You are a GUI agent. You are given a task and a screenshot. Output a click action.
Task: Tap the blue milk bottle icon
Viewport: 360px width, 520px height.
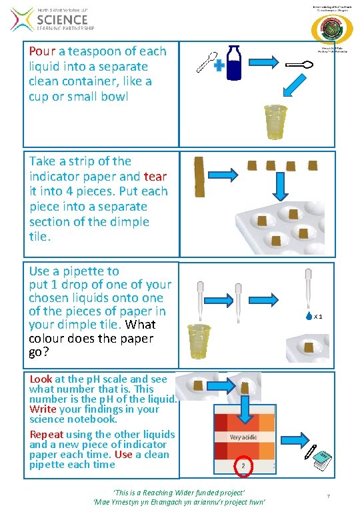[x=233, y=62]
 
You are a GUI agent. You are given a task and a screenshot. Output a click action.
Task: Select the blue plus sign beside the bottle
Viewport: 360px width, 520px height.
[x=218, y=65]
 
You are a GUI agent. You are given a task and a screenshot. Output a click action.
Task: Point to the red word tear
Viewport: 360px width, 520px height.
[x=155, y=177]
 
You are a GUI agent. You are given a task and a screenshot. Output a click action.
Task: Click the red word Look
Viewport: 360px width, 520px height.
[x=41, y=379]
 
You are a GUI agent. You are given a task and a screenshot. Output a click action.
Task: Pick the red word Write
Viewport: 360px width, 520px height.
[x=43, y=409]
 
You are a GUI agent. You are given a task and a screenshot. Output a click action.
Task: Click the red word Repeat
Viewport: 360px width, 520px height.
[x=47, y=434]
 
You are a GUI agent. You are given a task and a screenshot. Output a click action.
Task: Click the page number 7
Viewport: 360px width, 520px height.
[x=328, y=496]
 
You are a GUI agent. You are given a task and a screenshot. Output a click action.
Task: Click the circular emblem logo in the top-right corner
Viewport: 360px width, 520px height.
[x=327, y=30]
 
